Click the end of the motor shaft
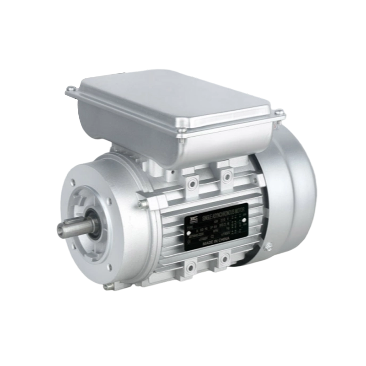(x=59, y=229)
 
